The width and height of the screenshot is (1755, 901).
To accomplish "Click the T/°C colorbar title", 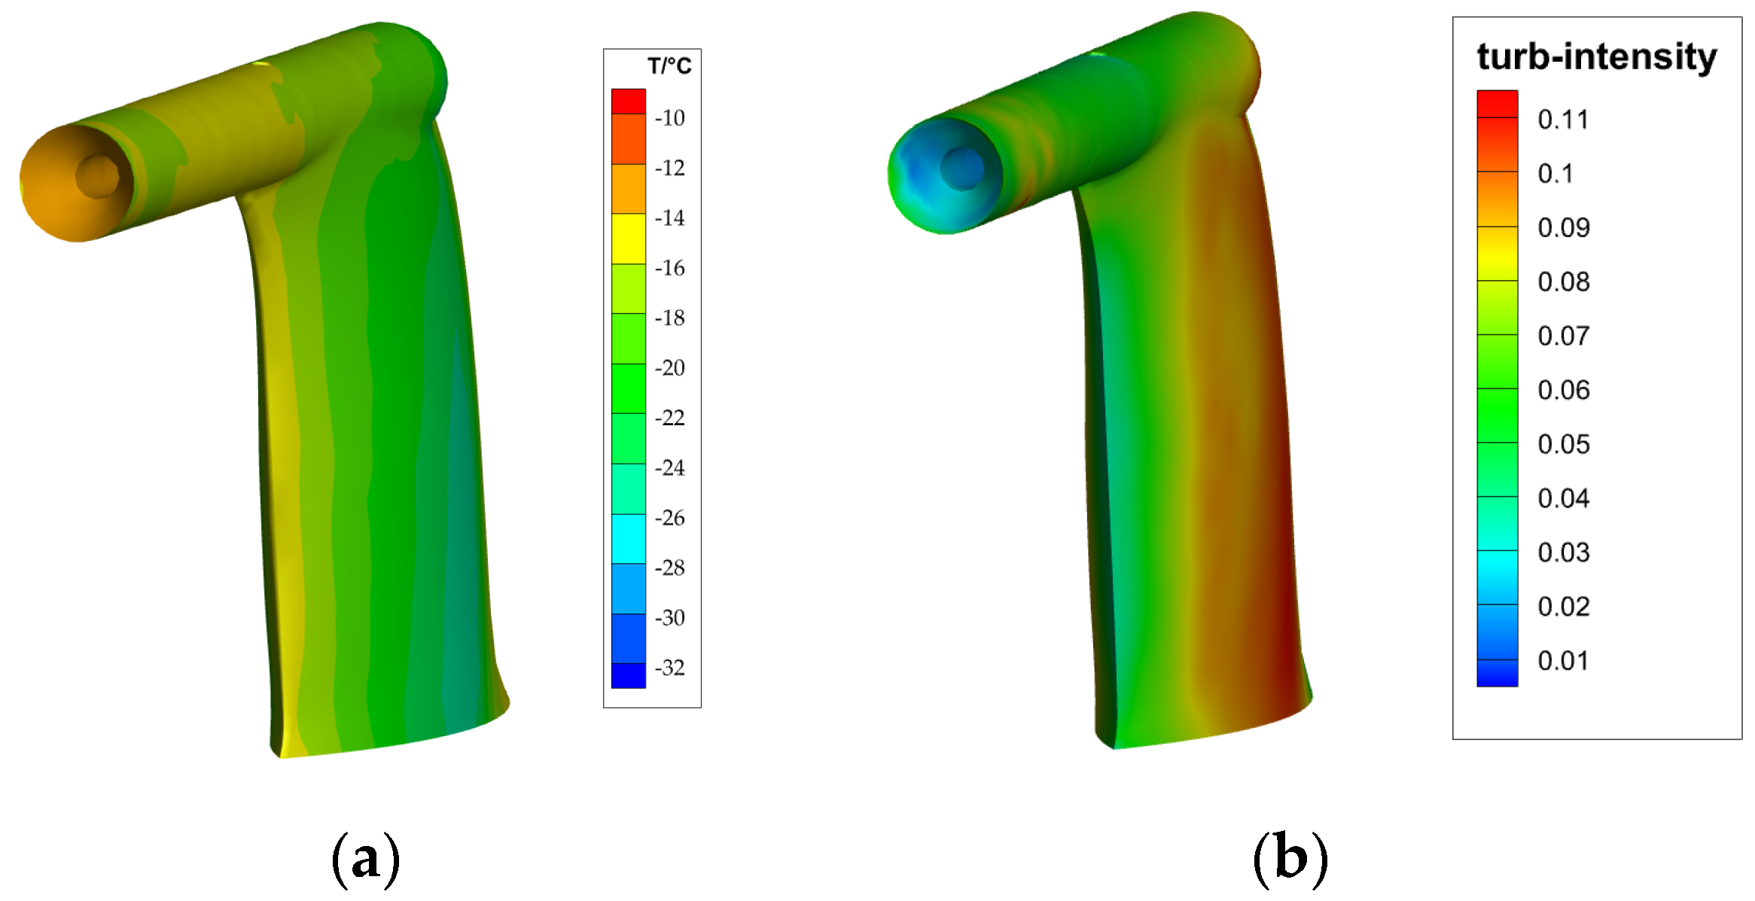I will [x=669, y=66].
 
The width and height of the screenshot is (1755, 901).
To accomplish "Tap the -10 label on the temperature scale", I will [x=669, y=117].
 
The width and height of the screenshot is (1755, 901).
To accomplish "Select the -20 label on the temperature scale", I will [x=669, y=367].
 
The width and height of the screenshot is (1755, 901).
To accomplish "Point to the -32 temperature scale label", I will [x=669, y=667].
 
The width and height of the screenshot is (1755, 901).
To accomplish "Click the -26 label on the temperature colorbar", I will [x=669, y=517].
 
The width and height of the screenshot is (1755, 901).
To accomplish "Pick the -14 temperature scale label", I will [x=669, y=218].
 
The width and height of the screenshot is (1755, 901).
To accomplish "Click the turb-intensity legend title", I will [x=1596, y=56].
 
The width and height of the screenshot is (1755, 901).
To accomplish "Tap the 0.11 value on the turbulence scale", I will [x=1563, y=119].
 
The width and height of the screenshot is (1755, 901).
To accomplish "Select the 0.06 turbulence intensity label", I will [x=1563, y=389].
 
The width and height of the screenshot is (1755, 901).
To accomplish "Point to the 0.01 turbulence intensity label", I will [x=1563, y=660].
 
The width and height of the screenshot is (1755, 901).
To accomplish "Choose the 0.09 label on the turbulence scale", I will [x=1563, y=227].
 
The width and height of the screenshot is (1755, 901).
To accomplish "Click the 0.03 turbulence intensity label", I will [x=1563, y=552].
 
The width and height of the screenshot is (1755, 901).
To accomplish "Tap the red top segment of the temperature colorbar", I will [x=628, y=101].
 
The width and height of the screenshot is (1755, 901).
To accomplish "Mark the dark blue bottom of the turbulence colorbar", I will [x=1497, y=674].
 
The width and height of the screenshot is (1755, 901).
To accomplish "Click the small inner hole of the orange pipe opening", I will [x=98, y=177].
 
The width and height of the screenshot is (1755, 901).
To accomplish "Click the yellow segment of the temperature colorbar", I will [x=628, y=239].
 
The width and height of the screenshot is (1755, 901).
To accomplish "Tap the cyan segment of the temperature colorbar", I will [x=628, y=538].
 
